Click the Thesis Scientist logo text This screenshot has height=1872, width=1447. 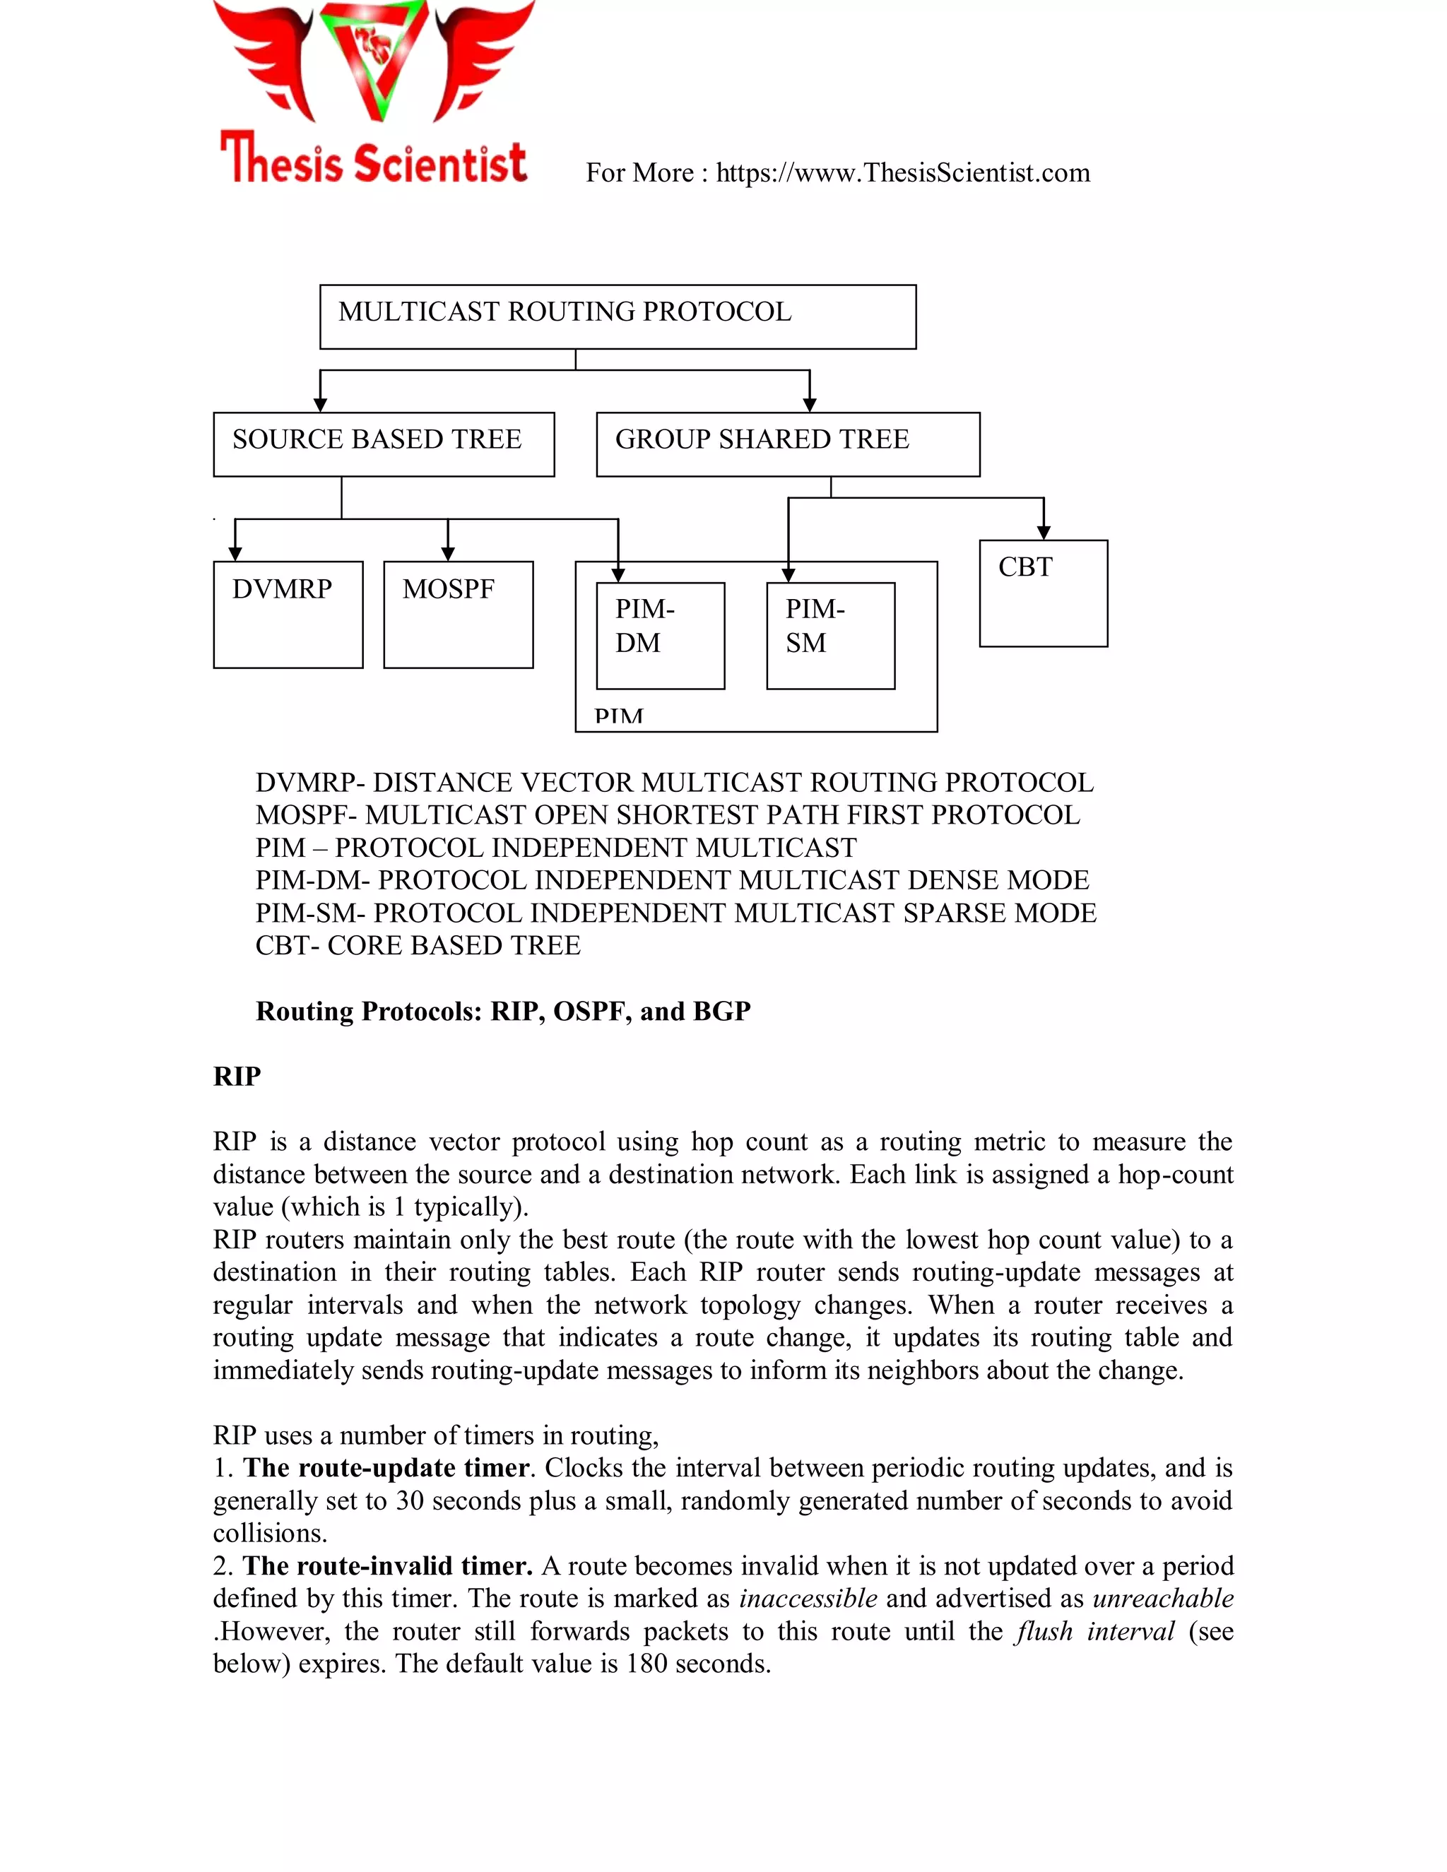click(374, 160)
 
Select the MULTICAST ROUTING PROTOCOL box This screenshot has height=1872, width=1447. click(618, 316)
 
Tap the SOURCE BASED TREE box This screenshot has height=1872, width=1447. click(383, 444)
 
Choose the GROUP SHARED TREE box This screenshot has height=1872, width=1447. click(787, 444)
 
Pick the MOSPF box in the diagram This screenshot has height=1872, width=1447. click(458, 614)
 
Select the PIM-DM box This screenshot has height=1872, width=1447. click(659, 635)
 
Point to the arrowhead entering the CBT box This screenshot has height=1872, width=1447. click(1044, 533)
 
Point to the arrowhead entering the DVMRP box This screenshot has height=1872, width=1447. click(235, 555)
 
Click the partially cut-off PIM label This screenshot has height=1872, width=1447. click(618, 716)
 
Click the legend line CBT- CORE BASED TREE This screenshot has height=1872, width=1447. click(418, 945)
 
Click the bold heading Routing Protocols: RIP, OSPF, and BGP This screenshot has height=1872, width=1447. click(502, 1012)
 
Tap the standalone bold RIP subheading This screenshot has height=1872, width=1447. click(237, 1077)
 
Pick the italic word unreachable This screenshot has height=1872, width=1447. click(1162, 1599)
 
